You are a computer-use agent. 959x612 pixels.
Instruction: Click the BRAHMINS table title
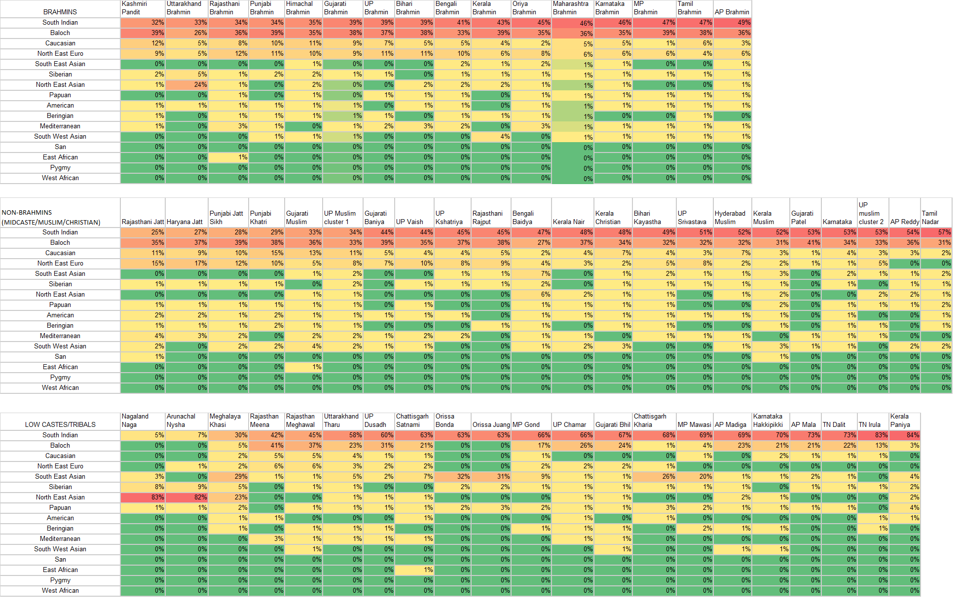pos(60,12)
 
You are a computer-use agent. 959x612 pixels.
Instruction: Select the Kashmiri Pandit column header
pos(134,8)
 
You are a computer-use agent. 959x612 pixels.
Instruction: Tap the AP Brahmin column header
pos(732,12)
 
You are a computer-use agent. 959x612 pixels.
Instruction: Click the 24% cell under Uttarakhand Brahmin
pos(186,85)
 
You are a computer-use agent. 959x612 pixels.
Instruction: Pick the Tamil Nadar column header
pos(930,218)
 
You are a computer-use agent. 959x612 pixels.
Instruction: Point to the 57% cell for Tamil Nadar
pos(936,232)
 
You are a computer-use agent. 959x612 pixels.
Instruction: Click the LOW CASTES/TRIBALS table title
pos(60,424)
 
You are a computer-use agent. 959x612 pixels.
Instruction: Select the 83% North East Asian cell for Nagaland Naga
pos(143,497)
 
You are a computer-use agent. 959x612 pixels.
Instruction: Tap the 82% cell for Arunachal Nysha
pos(186,497)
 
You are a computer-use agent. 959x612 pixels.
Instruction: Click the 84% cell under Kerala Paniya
pos(905,435)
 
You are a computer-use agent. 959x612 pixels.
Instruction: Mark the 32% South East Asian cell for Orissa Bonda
pos(452,477)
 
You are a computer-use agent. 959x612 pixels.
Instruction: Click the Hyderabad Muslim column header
pos(730,218)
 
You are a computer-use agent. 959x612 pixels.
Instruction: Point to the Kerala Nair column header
pos(569,222)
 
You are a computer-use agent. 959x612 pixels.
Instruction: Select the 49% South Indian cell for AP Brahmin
pos(733,23)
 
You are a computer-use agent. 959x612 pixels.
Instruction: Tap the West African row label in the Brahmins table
pos(60,178)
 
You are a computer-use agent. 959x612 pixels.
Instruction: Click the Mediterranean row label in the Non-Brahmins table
pos(60,336)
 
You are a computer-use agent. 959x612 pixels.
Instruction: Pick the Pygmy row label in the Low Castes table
pos(60,580)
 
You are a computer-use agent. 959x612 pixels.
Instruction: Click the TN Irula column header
pos(869,424)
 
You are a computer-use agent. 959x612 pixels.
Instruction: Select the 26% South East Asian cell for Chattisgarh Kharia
pos(654,477)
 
